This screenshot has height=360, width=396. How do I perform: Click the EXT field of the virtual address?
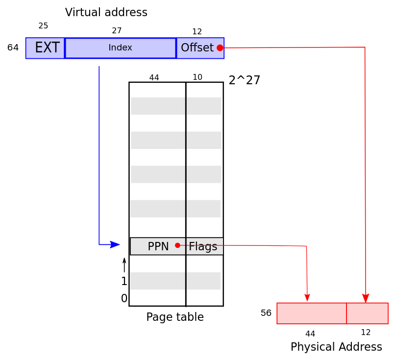(x=45, y=48)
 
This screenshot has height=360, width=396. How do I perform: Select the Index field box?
(x=121, y=48)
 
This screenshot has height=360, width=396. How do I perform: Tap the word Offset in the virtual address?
(x=197, y=48)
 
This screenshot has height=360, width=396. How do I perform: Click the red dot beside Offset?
(x=220, y=48)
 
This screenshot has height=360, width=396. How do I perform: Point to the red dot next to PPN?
(x=177, y=245)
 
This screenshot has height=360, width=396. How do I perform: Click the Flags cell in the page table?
(x=204, y=246)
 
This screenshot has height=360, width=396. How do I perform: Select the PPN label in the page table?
(x=158, y=246)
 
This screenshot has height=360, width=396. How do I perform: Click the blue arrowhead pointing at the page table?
(x=115, y=244)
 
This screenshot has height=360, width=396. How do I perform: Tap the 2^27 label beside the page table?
(x=244, y=80)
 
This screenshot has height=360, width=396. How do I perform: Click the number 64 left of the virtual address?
(x=13, y=48)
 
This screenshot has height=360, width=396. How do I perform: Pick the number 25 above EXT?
(x=43, y=26)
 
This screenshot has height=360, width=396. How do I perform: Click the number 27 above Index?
(x=117, y=30)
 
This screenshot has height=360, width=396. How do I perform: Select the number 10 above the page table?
(x=198, y=77)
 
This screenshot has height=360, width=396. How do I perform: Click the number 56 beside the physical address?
(x=266, y=313)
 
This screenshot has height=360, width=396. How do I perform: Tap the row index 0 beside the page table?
(x=124, y=298)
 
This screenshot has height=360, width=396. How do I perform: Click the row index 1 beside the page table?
(x=124, y=281)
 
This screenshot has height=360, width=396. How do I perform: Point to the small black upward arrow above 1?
(x=124, y=265)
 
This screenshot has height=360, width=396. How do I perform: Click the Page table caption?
(x=175, y=317)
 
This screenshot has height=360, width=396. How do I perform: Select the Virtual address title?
(x=106, y=12)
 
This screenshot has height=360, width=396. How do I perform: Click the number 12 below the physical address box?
(x=366, y=332)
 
